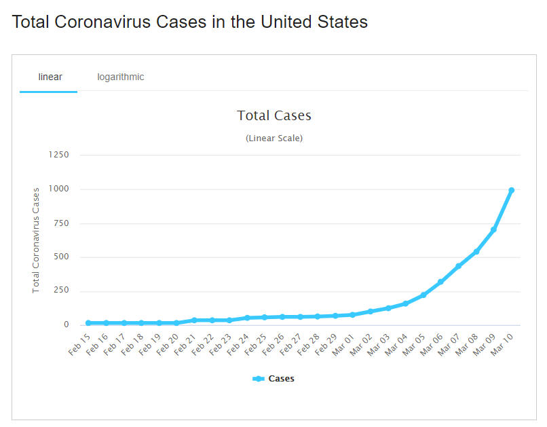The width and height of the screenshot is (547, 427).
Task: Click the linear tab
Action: [50, 77]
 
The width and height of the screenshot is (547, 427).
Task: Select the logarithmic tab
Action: [120, 77]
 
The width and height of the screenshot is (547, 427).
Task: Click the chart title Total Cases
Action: [273, 115]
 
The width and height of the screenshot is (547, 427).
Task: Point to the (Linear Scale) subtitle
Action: [273, 138]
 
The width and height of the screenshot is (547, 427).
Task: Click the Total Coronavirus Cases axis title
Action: [37, 240]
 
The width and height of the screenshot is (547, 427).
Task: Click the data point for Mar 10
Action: [511, 190]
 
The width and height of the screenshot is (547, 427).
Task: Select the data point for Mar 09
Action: [493, 229]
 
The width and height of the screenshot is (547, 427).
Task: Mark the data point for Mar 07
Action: [458, 266]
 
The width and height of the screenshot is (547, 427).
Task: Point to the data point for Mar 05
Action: [423, 295]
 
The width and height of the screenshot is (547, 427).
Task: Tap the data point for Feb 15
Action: [88, 322]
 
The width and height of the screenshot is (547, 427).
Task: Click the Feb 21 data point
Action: [194, 320]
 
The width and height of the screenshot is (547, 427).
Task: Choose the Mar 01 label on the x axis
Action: [343, 344]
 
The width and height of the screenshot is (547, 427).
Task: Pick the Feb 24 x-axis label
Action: [238, 344]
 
